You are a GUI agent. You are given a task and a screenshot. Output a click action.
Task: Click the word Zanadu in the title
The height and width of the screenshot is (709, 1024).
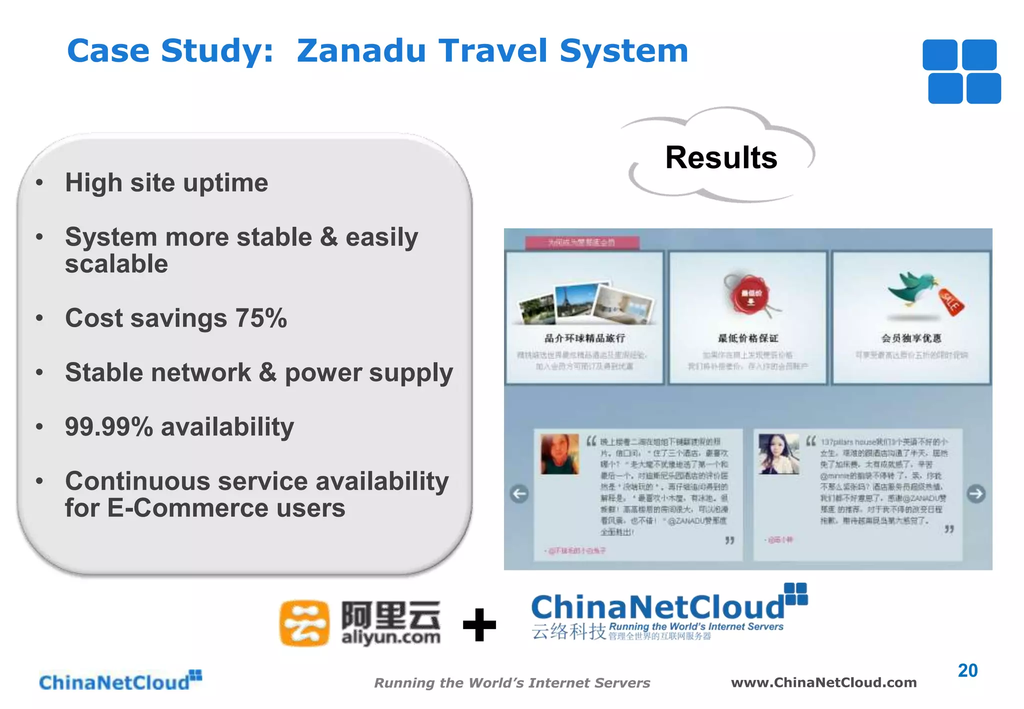click(361, 51)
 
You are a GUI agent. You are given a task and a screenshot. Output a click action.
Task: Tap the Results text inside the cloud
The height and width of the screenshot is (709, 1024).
click(721, 157)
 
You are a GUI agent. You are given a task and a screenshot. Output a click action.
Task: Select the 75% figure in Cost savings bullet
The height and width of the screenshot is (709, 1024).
click(261, 318)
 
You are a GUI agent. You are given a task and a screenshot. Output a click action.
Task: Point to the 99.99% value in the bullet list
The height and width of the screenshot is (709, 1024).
click(109, 427)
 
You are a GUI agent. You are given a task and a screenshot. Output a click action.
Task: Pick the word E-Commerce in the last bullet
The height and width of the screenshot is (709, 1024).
click(188, 508)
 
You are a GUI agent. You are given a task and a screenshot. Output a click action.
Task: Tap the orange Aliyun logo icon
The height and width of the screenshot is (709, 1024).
click(304, 623)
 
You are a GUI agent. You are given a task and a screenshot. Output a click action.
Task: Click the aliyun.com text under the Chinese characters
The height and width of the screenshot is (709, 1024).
click(390, 637)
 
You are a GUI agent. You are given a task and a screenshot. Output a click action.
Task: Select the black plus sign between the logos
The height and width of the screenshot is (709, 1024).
click(479, 624)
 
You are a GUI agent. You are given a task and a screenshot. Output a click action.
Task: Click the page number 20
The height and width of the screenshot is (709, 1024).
click(967, 670)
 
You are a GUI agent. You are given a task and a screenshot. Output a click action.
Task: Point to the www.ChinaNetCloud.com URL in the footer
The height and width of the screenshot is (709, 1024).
click(823, 682)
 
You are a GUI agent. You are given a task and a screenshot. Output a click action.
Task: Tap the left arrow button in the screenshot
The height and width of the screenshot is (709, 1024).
click(519, 494)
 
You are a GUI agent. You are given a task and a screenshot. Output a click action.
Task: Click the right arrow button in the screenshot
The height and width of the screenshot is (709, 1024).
click(976, 494)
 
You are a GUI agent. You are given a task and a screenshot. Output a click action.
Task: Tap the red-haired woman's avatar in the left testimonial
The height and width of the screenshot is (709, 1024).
click(559, 453)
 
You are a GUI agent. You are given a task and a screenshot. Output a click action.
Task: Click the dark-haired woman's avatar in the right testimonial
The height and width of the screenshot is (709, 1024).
click(778, 453)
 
